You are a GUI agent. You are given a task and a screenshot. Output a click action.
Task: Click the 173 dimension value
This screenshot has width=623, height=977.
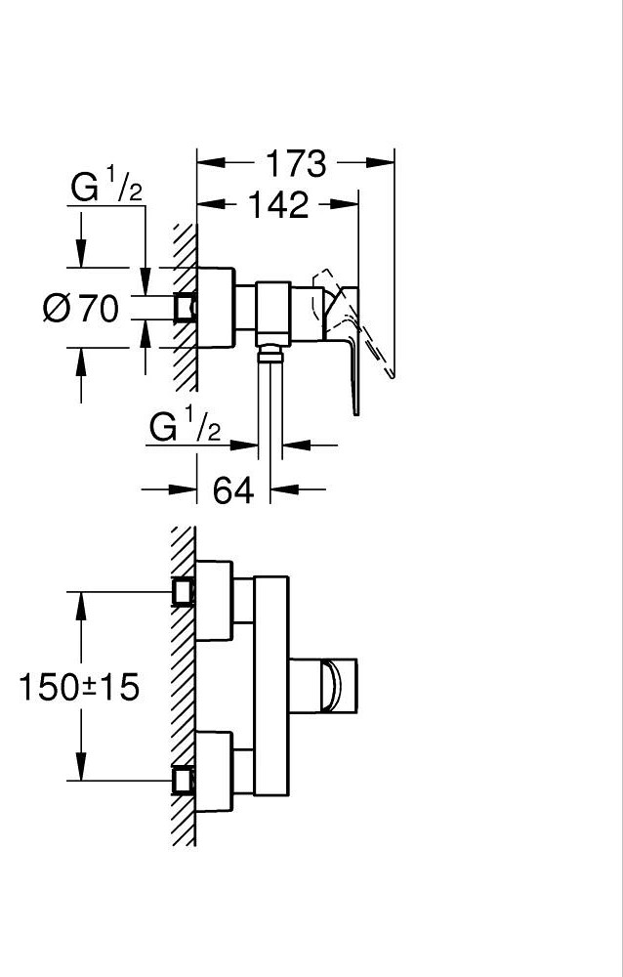296,164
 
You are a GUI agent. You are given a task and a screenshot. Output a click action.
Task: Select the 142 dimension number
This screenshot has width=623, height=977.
278,205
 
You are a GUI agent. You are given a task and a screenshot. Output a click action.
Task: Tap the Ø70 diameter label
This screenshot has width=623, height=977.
81,308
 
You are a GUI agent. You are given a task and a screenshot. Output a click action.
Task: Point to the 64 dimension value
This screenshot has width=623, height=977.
233,490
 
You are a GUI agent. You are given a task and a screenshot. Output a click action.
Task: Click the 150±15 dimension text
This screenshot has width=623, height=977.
79,687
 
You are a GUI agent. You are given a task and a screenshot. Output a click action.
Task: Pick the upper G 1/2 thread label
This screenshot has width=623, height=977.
106,188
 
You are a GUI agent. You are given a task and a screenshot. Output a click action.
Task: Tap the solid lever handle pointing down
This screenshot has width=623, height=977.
346,349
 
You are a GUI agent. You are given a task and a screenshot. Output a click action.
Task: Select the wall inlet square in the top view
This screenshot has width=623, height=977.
185,307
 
